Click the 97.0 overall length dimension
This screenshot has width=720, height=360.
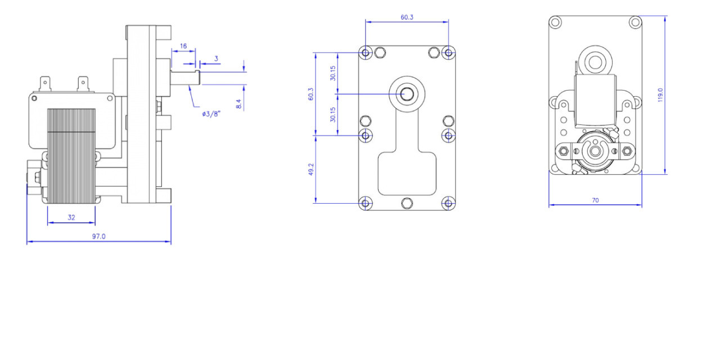pos(98,236)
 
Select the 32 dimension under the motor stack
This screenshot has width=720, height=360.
pos(71,218)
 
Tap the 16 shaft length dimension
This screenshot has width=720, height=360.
pos(183,46)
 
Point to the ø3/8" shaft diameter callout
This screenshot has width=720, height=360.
pos(211,114)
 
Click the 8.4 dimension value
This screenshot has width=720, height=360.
pos(238,104)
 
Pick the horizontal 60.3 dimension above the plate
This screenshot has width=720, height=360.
pos(407,17)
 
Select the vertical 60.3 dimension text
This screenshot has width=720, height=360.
pos(311,94)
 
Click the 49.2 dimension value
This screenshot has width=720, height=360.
pos(311,169)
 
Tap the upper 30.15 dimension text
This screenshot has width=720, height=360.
pos(332,73)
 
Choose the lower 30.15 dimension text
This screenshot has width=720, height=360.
pos(332,114)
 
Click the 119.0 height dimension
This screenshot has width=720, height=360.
pos(660,95)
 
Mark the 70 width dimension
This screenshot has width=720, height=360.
pos(595,200)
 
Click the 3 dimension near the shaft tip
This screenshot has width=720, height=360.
pos(216,58)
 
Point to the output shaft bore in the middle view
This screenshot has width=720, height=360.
pos(407,94)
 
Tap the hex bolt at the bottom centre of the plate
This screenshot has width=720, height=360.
pos(407,203)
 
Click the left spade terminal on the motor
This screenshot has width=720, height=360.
pos(45,84)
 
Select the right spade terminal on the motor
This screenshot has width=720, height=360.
pos(83,84)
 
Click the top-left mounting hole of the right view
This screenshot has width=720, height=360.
pos(555,22)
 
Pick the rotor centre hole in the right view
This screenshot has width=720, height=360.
pos(595,151)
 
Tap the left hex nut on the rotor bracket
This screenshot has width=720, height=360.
pos(564,151)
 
